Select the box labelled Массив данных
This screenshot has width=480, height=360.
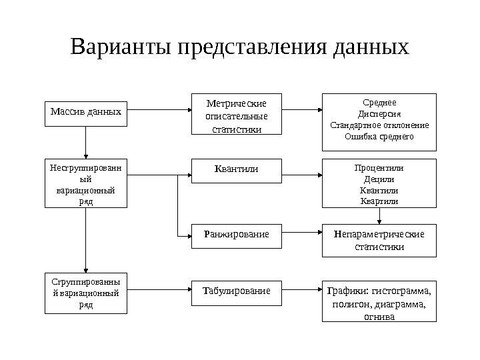(x=86, y=112)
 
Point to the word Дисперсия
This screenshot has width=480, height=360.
(x=379, y=113)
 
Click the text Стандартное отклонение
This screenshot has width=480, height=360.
(x=379, y=125)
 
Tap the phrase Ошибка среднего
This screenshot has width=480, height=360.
(x=379, y=136)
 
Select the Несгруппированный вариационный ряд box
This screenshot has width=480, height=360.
(x=86, y=183)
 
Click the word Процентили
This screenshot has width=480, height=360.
(x=379, y=168)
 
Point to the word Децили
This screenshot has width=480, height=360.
(x=379, y=179)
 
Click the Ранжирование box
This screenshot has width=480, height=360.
(x=237, y=235)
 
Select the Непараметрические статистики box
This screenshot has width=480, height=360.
(x=379, y=240)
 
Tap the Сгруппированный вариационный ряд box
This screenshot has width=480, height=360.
(x=86, y=292)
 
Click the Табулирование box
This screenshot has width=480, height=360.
(x=237, y=291)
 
